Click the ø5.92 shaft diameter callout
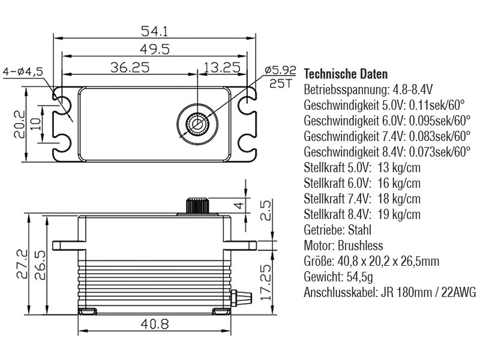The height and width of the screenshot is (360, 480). (280, 71)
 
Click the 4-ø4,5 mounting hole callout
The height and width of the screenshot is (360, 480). (23, 71)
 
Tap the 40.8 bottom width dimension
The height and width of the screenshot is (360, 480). (154, 324)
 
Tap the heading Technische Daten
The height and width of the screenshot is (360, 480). (346, 75)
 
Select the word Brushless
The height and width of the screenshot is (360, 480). (360, 246)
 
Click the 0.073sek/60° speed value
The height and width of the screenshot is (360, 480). (431, 152)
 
